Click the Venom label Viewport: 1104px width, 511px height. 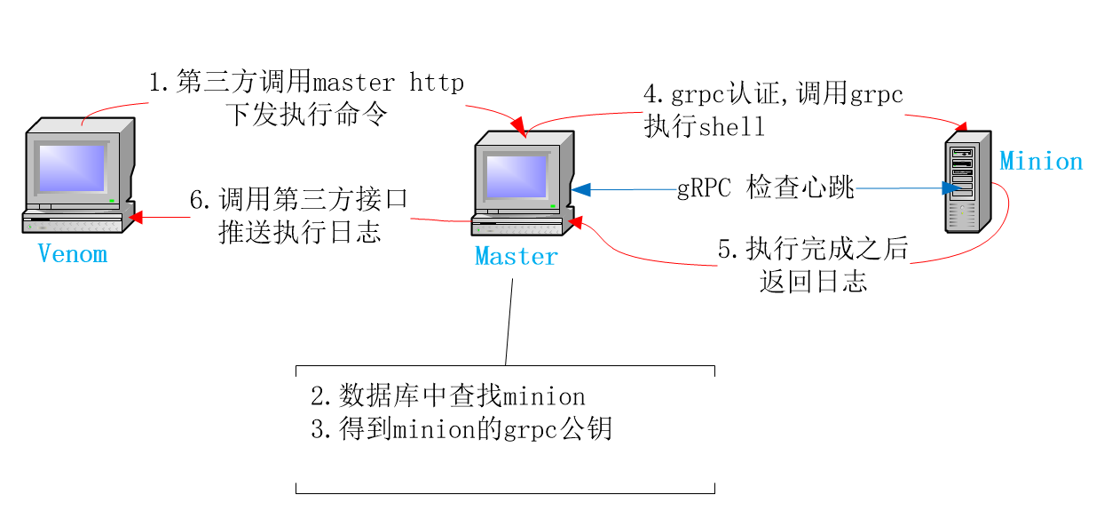pyautogui.click(x=73, y=254)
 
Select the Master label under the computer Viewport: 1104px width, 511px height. pyautogui.click(x=517, y=257)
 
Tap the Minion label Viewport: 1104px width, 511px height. pyautogui.click(x=1041, y=162)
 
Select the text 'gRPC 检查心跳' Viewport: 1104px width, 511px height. pyautogui.click(x=765, y=188)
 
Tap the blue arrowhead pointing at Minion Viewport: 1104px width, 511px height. pyautogui.click(x=950, y=188)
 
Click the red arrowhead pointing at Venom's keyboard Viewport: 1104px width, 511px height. pyautogui.click(x=136, y=216)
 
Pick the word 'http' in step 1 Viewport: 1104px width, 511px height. pyautogui.click(x=437, y=84)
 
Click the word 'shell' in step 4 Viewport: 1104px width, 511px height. pyautogui.click(x=732, y=127)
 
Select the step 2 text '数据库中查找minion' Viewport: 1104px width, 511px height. pyautogui.click(x=447, y=395)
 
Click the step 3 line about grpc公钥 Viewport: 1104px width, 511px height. pyautogui.click(x=461, y=430)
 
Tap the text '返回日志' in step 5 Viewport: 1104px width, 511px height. pyautogui.click(x=813, y=282)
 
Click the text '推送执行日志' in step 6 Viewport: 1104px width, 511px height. pyautogui.click(x=300, y=232)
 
